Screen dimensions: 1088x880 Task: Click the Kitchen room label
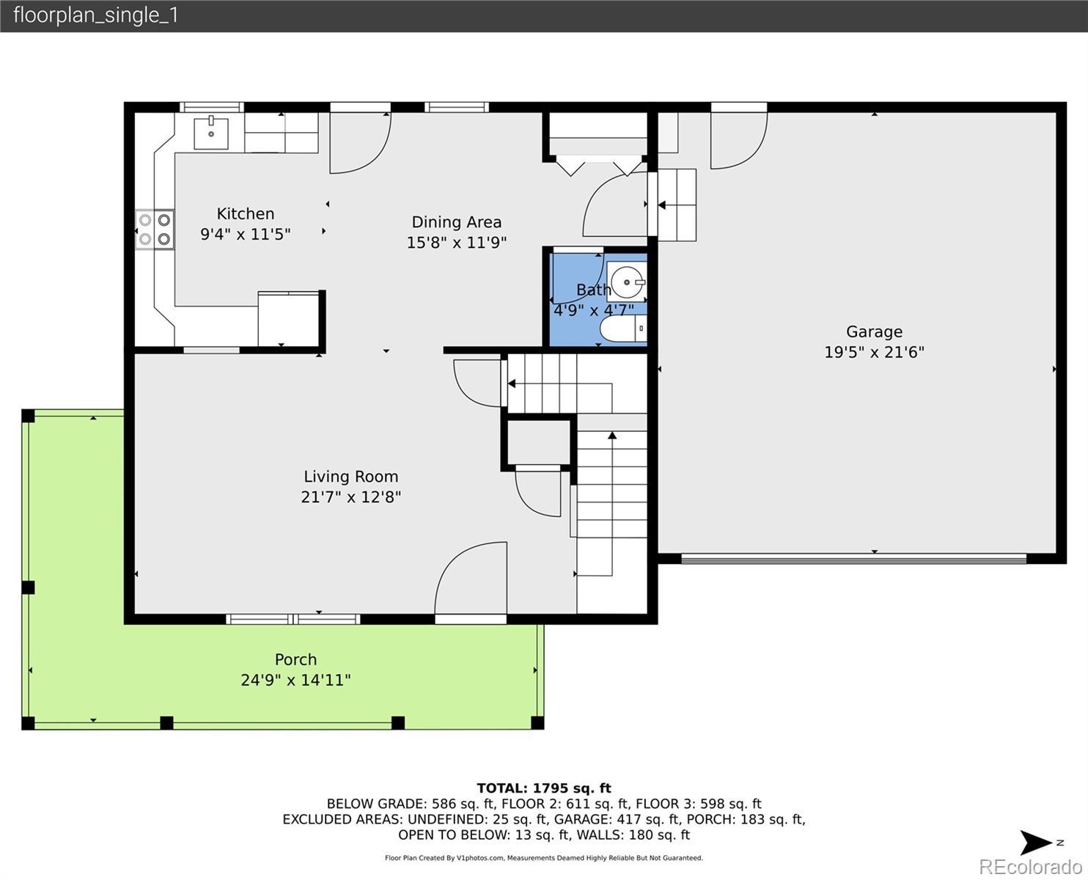tap(245, 213)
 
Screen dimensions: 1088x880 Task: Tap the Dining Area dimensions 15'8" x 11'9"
tap(456, 242)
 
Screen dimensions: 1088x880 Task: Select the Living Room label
tap(351, 477)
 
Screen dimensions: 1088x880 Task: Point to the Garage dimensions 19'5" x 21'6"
tap(874, 352)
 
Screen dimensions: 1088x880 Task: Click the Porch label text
tap(295, 659)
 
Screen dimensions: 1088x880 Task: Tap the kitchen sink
tap(211, 132)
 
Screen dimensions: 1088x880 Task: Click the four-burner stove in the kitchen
tap(155, 230)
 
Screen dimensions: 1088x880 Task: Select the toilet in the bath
tap(623, 329)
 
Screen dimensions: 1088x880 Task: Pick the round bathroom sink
tap(628, 282)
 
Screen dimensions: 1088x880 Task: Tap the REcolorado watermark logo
tap(1030, 867)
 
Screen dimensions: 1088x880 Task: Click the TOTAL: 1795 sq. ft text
tap(544, 788)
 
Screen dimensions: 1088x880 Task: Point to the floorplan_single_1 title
tap(96, 15)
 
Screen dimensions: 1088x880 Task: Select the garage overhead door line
tap(853, 559)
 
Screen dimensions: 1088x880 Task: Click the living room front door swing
tap(471, 578)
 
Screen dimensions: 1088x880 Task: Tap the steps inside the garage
tap(677, 205)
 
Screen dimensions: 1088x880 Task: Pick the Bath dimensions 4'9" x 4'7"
tap(594, 309)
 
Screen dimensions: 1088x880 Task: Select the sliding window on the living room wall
tap(293, 619)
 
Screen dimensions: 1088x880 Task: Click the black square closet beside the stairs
tap(539, 442)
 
